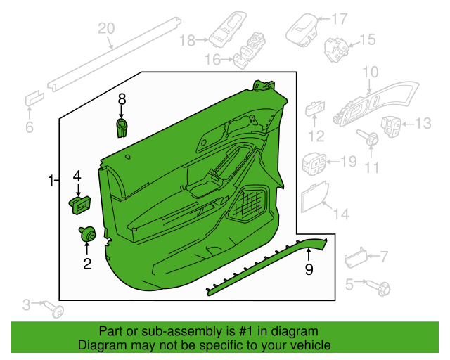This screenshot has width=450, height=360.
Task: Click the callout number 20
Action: tap(105, 28)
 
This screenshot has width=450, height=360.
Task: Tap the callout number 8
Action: tap(121, 99)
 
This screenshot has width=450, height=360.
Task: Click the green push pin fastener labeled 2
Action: tap(87, 234)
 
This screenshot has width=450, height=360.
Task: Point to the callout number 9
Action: tap(308, 269)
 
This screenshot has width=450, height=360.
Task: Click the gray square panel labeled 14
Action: tap(314, 196)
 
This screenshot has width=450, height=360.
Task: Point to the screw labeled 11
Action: tap(370, 139)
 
